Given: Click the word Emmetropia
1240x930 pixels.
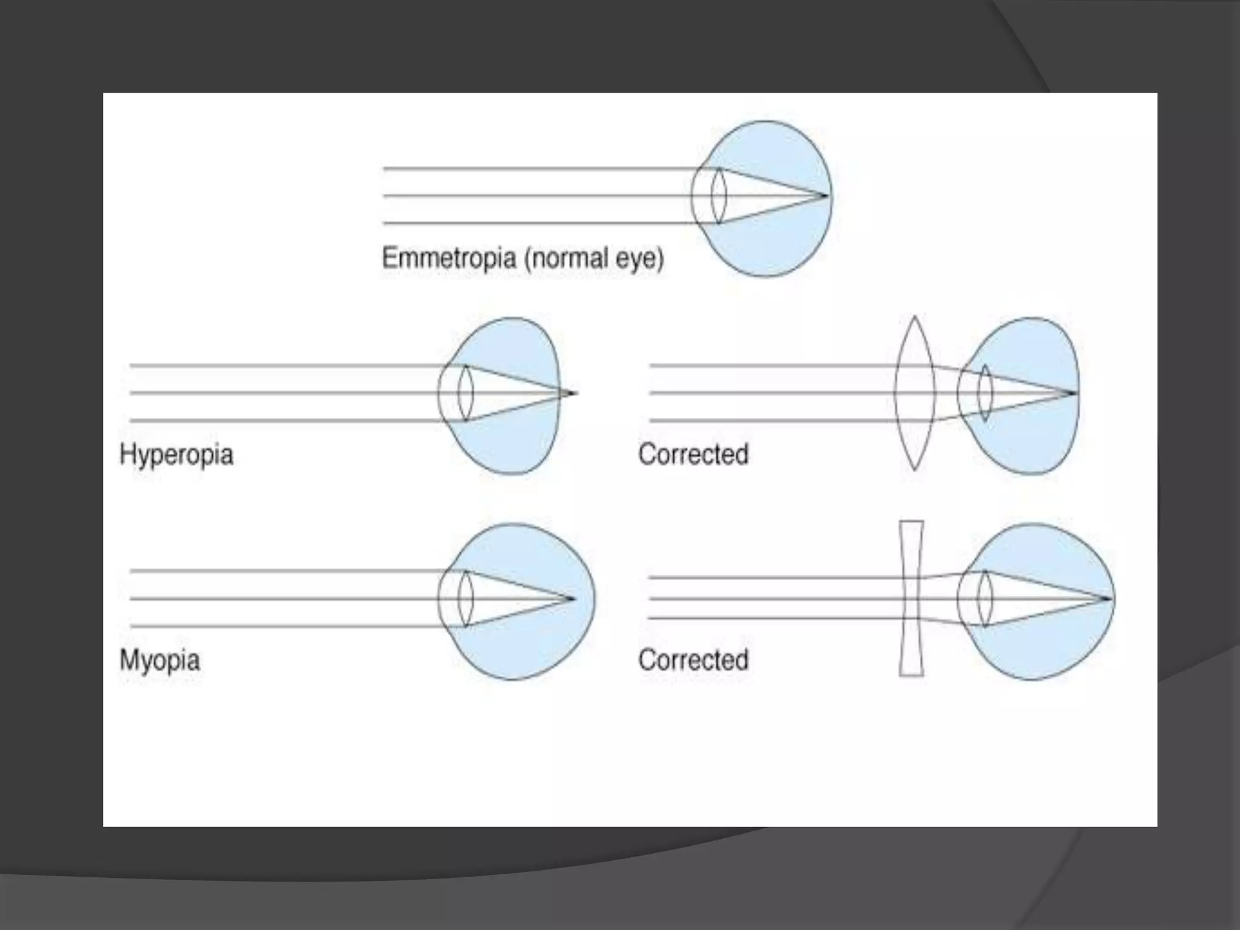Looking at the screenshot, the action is [x=449, y=259].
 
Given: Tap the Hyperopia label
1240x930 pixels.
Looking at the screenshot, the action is [x=176, y=454].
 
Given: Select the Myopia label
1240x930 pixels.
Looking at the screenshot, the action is [x=160, y=660].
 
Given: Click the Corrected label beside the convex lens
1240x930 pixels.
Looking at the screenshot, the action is [x=693, y=454].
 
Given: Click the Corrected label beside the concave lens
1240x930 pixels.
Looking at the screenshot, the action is [x=693, y=660].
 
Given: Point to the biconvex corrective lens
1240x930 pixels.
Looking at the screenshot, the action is [x=914, y=393].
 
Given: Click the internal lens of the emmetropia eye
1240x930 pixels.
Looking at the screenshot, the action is [x=719, y=196].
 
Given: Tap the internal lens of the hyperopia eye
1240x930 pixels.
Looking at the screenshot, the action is [x=465, y=393].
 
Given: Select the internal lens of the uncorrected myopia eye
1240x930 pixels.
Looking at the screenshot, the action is [x=465, y=598].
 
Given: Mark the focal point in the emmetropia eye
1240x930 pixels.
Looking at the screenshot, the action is [x=826, y=196].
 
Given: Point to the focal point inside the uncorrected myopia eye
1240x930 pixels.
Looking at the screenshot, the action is [x=572, y=598].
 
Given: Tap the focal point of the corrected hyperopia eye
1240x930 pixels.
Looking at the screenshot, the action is [x=1075, y=393].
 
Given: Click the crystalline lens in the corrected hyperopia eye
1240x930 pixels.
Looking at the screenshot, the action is [x=985, y=393].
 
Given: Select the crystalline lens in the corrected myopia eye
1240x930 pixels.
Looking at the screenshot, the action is [x=985, y=598].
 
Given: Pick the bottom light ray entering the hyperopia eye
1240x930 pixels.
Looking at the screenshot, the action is [x=285, y=420].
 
